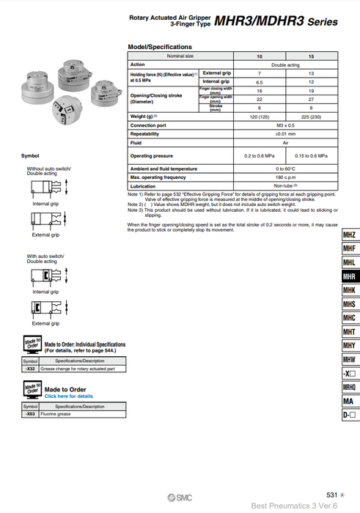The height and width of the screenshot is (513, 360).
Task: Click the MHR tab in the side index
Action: [350, 277]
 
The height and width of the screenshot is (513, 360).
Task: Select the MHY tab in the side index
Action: [350, 346]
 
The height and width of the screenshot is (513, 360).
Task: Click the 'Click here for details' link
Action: [69, 396]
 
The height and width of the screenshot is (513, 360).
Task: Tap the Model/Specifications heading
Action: [159, 47]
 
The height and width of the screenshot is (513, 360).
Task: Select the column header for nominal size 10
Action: [259, 56]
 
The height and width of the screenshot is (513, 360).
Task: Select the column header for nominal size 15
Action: [312, 56]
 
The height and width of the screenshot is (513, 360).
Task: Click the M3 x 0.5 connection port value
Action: [285, 125]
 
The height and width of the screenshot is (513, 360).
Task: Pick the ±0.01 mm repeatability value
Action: [285, 134]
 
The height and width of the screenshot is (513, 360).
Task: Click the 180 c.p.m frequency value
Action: [285, 177]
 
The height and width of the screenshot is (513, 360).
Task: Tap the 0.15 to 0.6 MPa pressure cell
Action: [312, 156]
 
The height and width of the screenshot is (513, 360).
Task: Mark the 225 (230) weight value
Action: [312, 117]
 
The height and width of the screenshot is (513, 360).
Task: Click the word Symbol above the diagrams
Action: [30, 156]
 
